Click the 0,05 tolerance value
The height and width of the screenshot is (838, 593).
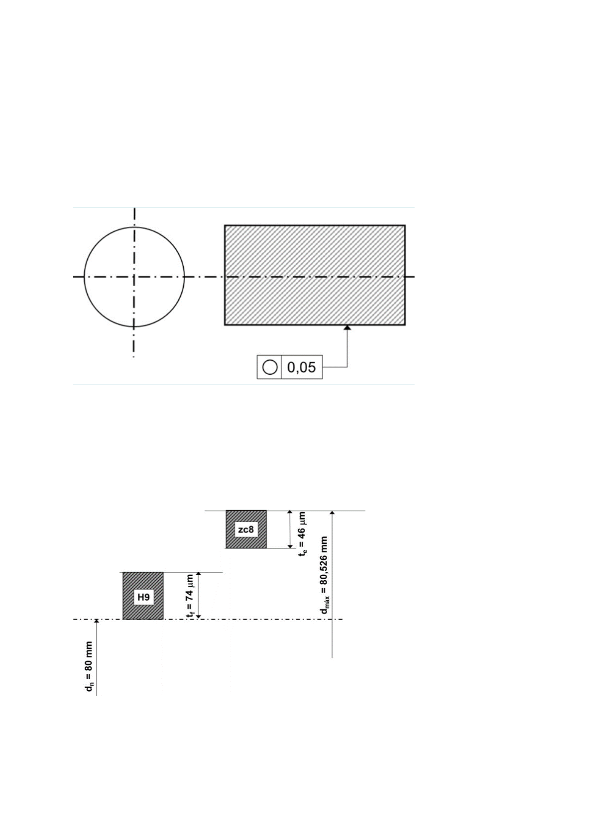coord(301,367)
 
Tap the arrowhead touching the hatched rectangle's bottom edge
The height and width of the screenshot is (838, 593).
coord(348,328)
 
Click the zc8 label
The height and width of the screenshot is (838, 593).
coord(246,529)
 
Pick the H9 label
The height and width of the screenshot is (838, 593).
coord(143,597)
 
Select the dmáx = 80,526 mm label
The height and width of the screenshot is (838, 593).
coord(324,575)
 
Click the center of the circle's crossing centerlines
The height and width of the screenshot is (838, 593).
coord(134,277)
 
